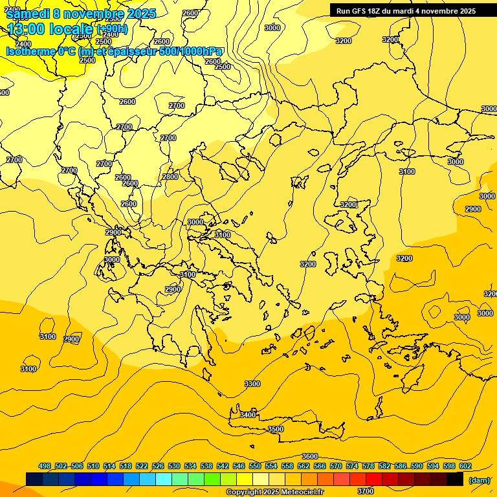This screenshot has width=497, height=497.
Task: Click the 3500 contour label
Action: point(276,429)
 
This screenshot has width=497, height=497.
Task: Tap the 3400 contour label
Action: point(248,415)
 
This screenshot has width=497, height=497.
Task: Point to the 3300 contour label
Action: point(252,384)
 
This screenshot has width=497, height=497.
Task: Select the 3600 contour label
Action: point(310,456)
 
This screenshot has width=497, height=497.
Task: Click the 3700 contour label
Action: point(366,491)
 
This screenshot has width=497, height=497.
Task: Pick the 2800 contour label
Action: point(170,177)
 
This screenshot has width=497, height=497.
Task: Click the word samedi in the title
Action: point(26,14)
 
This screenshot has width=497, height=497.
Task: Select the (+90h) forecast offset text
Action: point(112,29)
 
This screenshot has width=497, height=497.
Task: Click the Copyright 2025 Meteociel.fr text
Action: point(274,492)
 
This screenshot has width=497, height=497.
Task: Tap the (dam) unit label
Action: point(479,480)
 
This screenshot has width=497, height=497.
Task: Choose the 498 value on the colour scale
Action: point(45,466)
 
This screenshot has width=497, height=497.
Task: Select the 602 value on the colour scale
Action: point(465,466)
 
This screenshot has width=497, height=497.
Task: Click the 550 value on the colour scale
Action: point(255,466)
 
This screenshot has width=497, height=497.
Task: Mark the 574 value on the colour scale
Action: point(352,466)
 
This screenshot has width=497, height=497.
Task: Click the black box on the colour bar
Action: point(455,479)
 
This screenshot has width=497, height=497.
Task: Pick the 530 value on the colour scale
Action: point(174,466)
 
